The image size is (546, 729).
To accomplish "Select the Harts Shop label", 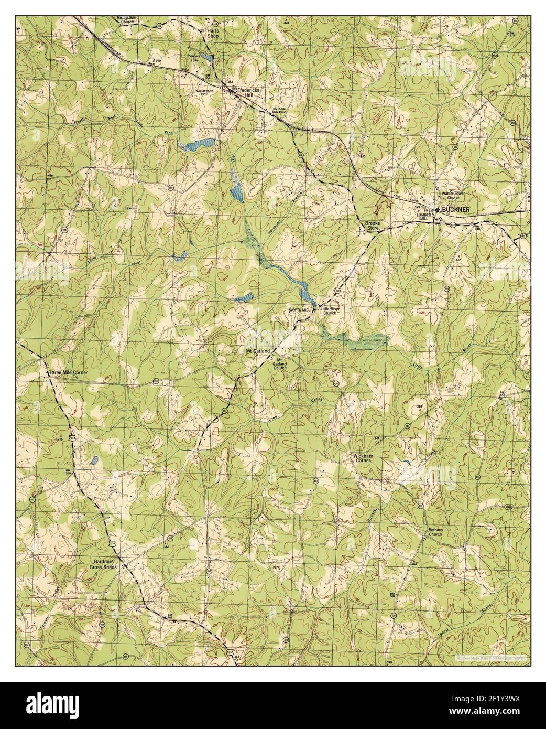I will click(212, 34).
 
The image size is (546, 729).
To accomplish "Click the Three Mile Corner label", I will click(68, 373).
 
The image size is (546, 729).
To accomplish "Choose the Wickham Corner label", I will click(362, 458).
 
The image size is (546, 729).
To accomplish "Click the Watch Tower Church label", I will click(453, 196).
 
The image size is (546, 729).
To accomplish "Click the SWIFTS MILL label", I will click(300, 310).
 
